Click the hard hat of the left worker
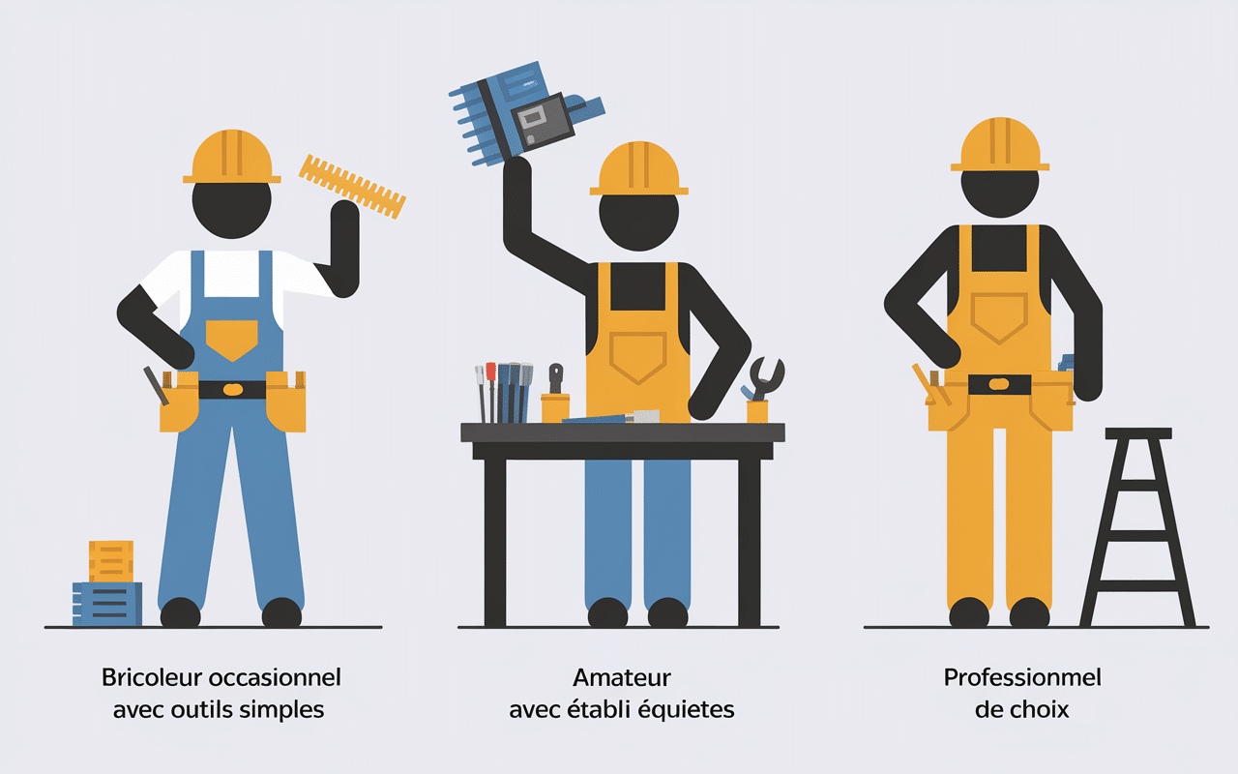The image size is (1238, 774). coord(232,157)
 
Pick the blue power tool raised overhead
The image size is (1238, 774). coord(522,111)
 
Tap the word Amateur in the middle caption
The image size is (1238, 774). coord(622,677)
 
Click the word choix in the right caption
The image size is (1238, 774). coord(1040,709)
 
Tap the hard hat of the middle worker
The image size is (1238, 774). coord(638,168)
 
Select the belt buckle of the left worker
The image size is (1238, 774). coord(232,389)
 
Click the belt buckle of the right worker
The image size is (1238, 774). coord(999,384)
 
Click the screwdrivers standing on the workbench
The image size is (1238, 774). coord(504,392)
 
